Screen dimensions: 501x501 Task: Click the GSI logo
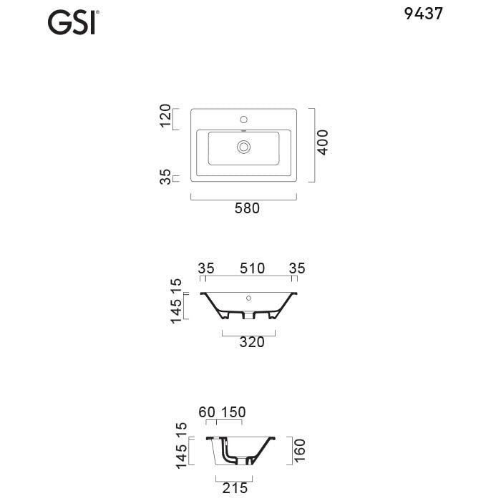click(73, 22)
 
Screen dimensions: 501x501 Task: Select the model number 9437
click(424, 14)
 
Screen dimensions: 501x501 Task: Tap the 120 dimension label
click(165, 116)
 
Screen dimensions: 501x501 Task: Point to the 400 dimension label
click(323, 142)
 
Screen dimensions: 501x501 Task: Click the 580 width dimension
click(247, 208)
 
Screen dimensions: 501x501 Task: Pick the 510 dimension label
click(253, 268)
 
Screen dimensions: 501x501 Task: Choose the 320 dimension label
click(252, 342)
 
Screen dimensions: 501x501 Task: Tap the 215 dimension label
click(235, 488)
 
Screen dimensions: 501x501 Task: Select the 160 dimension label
click(300, 450)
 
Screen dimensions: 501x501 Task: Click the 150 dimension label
click(233, 412)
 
